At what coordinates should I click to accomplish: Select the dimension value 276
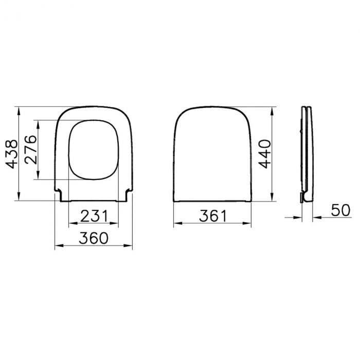[x=30, y=149]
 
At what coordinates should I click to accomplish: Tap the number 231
[x=95, y=217]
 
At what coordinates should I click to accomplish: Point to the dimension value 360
[x=94, y=238]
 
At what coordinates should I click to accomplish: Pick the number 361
[x=212, y=217]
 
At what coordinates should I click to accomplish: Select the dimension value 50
[x=340, y=210]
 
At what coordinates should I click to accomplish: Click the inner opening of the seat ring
[x=95, y=150]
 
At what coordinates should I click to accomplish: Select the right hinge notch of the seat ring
[x=128, y=195]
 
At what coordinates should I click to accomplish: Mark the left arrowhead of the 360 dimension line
[x=57, y=246]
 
